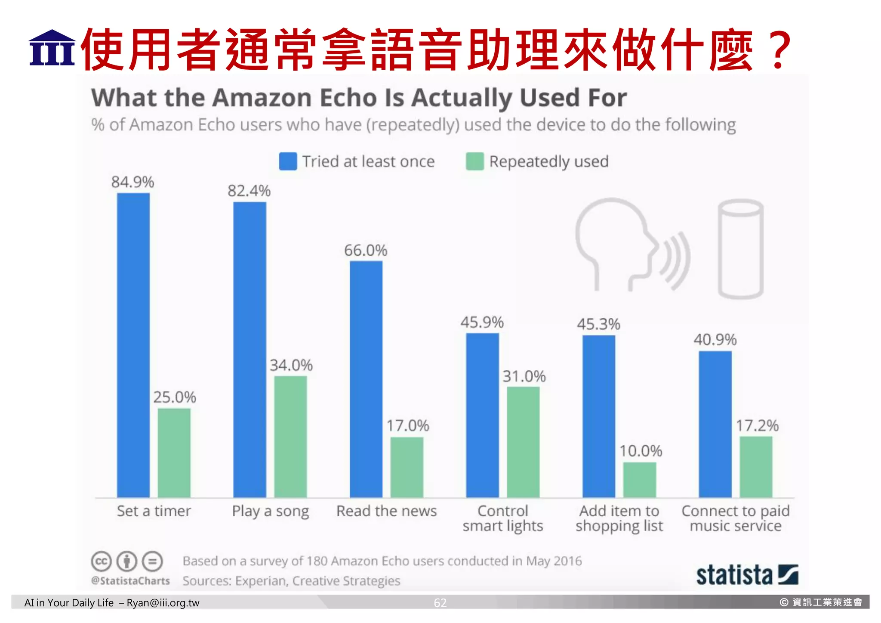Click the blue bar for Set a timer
133,344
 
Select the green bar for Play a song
290,437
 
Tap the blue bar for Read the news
366,379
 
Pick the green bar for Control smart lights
523,442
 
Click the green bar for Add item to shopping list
640,480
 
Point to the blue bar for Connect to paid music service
715,424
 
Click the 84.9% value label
132,182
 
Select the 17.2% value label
757,426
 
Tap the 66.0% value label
366,251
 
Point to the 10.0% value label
641,451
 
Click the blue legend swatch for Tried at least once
288,161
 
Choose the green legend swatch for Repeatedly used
475,161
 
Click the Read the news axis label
386,511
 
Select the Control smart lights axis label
503,518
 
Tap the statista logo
747,575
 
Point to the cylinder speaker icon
740,249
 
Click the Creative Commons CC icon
101,561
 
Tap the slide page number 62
440,603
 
